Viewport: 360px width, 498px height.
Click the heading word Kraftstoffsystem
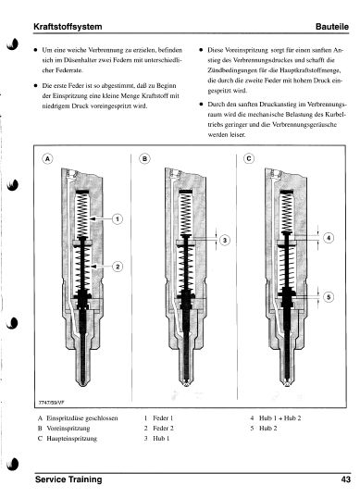point(68,26)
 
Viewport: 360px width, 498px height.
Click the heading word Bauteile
point(332,27)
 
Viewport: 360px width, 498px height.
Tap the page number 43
point(346,479)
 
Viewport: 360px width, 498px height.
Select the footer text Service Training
point(68,479)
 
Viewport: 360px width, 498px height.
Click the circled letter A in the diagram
point(47,158)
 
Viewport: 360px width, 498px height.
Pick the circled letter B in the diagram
point(144,158)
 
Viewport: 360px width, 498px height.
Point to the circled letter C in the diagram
point(249,158)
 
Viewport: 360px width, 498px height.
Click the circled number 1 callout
point(118,218)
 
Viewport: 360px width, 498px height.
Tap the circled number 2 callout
point(118,267)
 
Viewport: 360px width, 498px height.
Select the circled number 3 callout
point(225,240)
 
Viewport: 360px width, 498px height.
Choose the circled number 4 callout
point(329,238)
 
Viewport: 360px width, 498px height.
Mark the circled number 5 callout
point(329,297)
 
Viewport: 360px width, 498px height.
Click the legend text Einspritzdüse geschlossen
point(82,418)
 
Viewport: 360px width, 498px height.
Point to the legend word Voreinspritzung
point(68,429)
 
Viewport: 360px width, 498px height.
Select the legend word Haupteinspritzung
point(72,439)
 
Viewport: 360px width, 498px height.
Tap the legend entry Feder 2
point(163,429)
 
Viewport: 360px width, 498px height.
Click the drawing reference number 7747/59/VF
point(51,402)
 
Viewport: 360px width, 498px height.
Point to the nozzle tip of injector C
point(287,383)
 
